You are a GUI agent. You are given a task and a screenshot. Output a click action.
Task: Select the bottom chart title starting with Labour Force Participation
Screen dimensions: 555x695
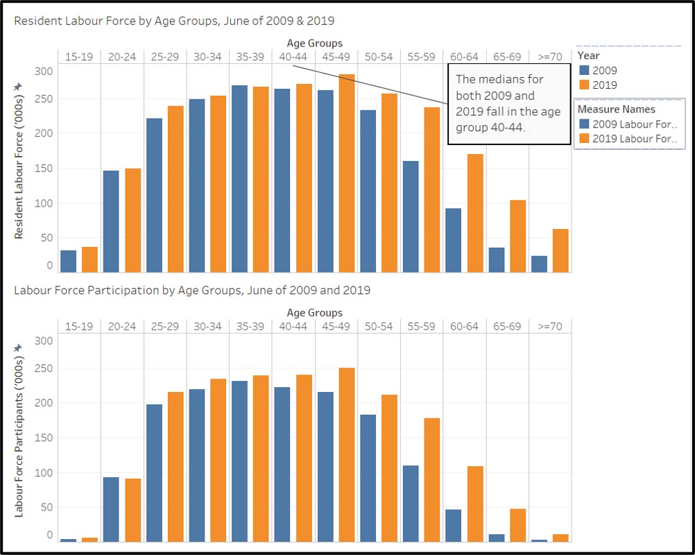[x=192, y=290]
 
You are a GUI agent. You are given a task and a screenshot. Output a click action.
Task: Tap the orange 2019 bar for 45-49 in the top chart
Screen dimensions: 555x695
[x=347, y=173]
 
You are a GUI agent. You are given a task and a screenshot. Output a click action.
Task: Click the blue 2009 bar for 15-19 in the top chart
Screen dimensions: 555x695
[x=68, y=262]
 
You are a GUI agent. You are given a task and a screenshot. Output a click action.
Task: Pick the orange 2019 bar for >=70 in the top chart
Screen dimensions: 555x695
[x=560, y=250]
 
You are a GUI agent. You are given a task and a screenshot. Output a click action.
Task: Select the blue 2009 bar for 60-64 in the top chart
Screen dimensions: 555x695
[x=453, y=240]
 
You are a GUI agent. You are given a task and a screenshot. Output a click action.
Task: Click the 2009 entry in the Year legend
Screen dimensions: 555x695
[x=598, y=70]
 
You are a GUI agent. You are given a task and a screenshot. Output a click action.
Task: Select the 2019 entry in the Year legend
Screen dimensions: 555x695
[x=598, y=85]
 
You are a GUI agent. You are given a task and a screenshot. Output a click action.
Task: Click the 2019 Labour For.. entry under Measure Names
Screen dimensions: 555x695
[x=628, y=139]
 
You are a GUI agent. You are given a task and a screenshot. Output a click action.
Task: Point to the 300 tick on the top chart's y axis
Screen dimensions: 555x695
[x=44, y=71]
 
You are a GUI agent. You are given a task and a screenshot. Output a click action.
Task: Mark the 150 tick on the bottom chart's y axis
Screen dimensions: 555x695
[x=44, y=438]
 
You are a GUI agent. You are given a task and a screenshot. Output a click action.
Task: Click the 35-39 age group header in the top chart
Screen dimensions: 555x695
[x=250, y=56]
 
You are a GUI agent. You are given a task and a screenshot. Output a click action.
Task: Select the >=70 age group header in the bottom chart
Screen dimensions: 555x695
[x=549, y=326]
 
